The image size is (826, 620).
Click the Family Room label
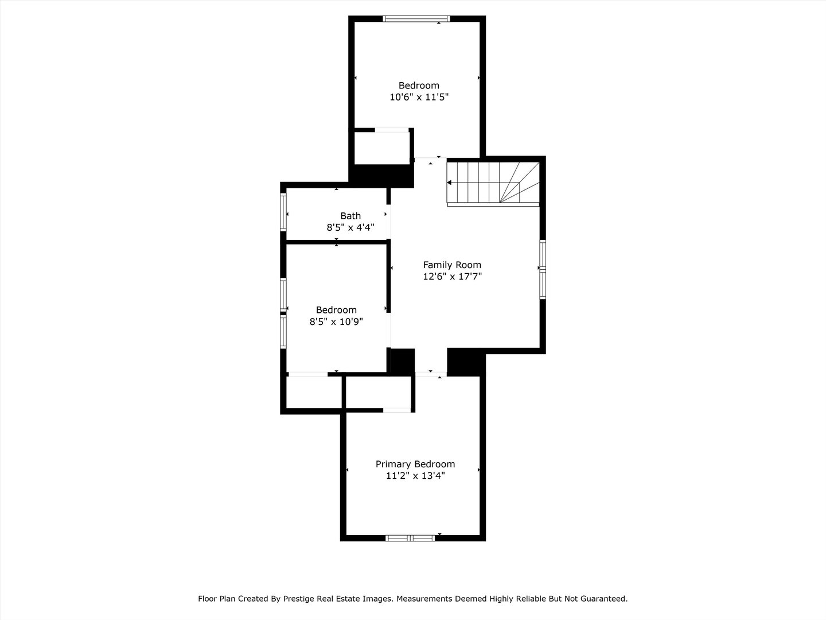click(452, 265)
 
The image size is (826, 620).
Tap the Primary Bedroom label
click(415, 464)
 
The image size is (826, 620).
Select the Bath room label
click(350, 216)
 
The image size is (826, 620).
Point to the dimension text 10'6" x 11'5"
click(419, 97)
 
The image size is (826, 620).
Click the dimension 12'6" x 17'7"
click(452, 276)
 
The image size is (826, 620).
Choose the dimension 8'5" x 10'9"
click(336, 321)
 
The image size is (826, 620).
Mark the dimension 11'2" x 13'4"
click(415, 475)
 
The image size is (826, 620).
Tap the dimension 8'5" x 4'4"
click(350, 227)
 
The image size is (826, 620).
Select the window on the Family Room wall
click(543, 269)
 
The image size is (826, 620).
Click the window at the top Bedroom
click(416, 19)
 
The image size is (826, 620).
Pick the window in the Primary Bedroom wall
click(410, 538)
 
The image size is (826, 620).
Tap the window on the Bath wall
click(283, 212)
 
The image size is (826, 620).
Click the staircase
click(493, 182)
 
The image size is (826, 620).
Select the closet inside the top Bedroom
click(381, 148)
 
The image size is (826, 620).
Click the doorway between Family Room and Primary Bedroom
click(430, 374)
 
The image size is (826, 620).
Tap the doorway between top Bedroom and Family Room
click(430, 158)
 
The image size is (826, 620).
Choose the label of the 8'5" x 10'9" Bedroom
click(336, 310)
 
